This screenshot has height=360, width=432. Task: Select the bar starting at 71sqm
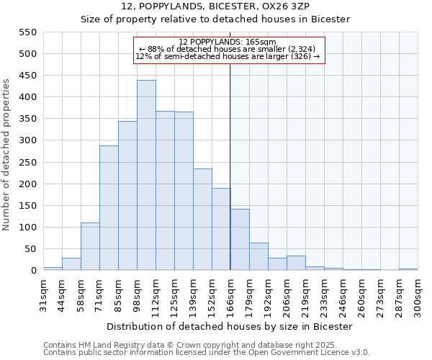pyautogui.click(x=109, y=208)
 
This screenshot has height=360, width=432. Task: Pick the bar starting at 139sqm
pyautogui.click(x=202, y=220)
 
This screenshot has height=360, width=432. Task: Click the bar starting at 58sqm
pyautogui.click(x=90, y=246)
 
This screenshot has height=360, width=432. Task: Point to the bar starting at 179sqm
pyautogui.click(x=258, y=256)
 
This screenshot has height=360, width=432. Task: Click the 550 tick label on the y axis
pyautogui.click(x=27, y=32)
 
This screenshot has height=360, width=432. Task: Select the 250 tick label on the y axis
pyautogui.click(x=27, y=163)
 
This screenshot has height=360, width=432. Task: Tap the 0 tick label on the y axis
pyautogui.click(x=32, y=271)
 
